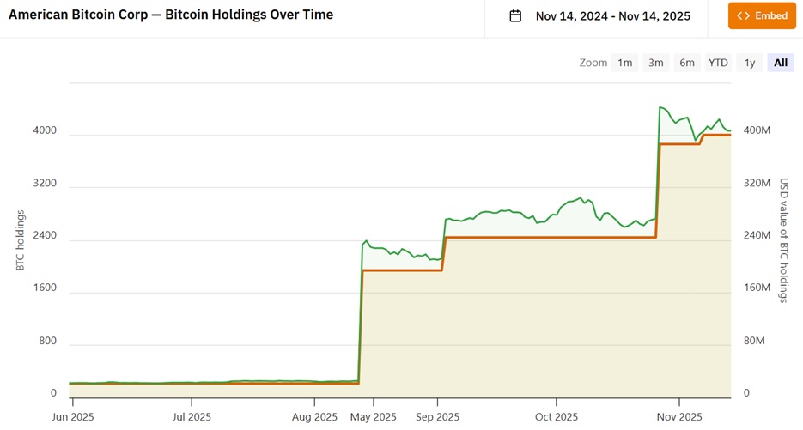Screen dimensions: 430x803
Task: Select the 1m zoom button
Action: pos(624,63)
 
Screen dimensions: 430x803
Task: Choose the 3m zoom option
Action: pos(655,63)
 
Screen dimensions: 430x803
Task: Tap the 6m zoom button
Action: pos(687,63)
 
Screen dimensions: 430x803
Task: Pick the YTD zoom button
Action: pos(718,63)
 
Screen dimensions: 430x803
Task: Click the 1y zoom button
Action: pos(750,63)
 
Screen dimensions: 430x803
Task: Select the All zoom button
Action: pos(781,63)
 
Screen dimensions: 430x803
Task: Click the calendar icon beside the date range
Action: pos(515,15)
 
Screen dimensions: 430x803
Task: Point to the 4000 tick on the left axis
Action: pos(45,131)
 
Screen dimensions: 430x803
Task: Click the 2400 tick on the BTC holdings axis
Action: pos(45,236)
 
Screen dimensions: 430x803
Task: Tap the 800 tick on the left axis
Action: pos(47,341)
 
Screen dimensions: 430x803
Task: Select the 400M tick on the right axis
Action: pos(757,130)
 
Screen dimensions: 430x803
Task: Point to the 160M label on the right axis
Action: pos(757,288)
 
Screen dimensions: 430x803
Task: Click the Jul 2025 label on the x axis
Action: pos(192,417)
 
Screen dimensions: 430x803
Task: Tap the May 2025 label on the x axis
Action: pos(374,417)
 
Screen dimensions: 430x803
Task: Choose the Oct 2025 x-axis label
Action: pos(557,417)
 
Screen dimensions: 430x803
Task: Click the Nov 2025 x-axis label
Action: pos(678,417)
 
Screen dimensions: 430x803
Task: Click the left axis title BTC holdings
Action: pos(21,241)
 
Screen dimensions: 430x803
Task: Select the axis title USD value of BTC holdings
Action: pos(783,240)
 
